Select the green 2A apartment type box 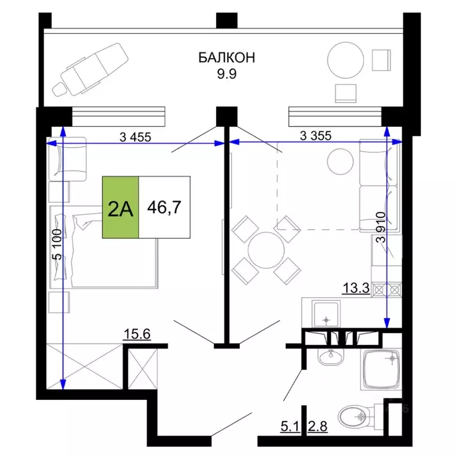120,208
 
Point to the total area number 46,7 164,208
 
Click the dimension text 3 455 136,136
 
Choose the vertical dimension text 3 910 381,228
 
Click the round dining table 265,249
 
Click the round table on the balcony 347,58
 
